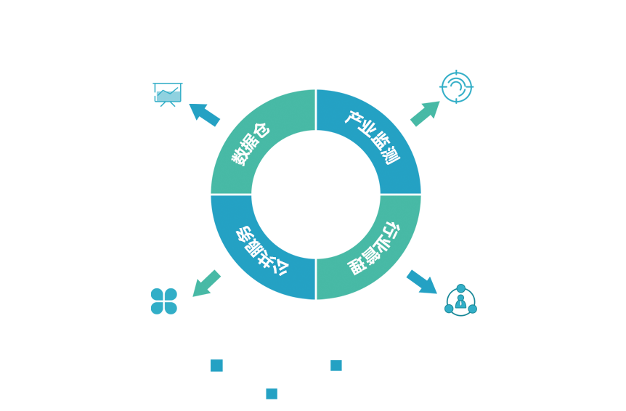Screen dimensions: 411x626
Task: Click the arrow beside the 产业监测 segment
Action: click(x=425, y=113)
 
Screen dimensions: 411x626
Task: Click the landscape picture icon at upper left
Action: click(x=168, y=94)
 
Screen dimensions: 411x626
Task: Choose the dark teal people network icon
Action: click(x=460, y=300)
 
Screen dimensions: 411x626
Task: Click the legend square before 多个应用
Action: click(x=272, y=394)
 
